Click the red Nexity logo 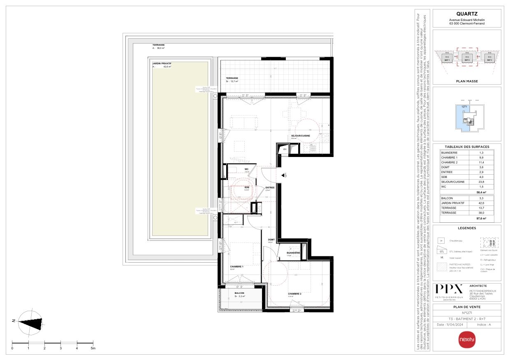pos(467,339)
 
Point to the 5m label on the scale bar pos(93,348)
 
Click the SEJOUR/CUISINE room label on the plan pos(300,136)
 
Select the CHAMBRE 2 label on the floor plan pos(294,294)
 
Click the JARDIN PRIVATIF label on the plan pos(162,64)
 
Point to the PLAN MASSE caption pos(467,81)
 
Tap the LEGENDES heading pos(467,228)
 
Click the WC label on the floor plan pos(247,168)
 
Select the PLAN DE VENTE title pos(467,307)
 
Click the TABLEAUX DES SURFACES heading pos(467,147)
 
